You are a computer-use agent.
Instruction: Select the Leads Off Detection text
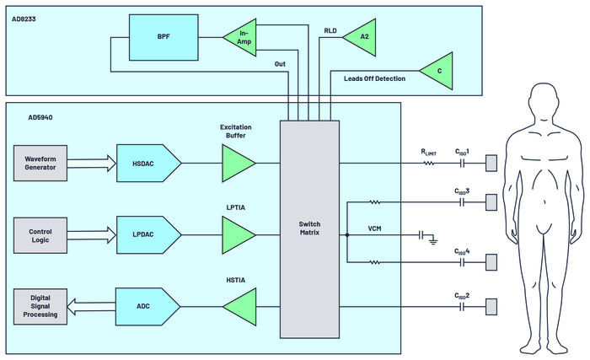pos(374,78)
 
